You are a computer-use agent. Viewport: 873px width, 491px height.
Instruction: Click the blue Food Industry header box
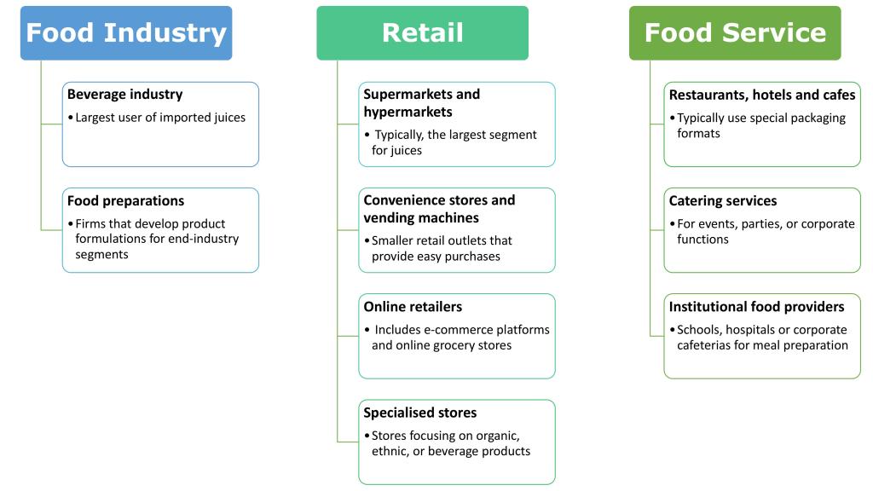[x=126, y=33]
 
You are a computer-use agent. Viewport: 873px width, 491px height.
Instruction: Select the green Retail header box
[x=422, y=33]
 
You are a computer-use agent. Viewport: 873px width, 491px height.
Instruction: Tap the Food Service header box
[x=735, y=33]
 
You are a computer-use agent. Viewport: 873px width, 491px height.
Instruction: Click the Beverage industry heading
[x=124, y=95]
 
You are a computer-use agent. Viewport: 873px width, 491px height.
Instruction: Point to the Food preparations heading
[x=125, y=201]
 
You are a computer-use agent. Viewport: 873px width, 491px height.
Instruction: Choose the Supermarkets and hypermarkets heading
[x=421, y=102]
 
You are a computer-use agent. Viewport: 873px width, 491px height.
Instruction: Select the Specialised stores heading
[x=419, y=413]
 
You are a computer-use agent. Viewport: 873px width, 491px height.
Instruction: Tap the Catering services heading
[x=723, y=201]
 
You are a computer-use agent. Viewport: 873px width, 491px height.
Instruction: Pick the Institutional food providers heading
[x=756, y=307]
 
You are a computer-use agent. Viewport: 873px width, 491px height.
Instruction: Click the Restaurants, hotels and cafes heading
[x=762, y=95]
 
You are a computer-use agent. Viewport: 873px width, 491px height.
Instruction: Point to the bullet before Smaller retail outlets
[x=367, y=241]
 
